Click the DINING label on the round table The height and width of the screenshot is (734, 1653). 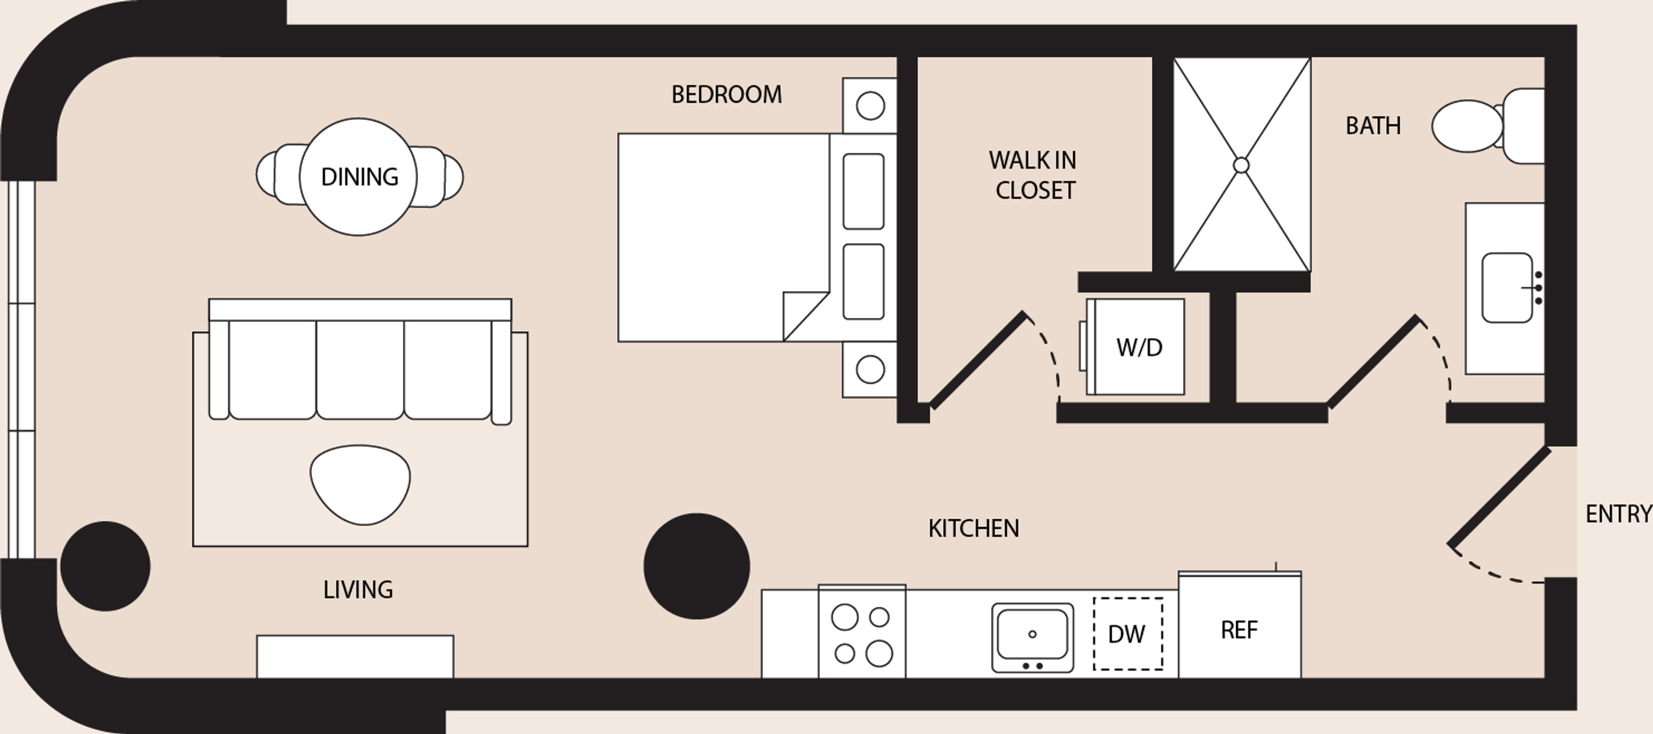point(360,176)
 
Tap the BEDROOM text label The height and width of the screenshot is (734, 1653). point(726,94)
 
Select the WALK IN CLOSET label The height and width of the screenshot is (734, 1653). point(1033,175)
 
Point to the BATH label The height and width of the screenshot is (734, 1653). point(1373,126)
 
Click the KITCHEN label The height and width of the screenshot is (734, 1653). point(973,528)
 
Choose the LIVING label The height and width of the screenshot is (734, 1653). point(358,589)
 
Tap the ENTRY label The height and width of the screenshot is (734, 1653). point(1618,514)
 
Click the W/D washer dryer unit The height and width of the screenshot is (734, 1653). point(1135,346)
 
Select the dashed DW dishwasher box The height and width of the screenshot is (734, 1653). point(1128,634)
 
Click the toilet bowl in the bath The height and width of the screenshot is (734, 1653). point(1467,126)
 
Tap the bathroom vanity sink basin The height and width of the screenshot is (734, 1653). point(1507,287)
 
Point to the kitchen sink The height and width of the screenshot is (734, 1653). point(1033,638)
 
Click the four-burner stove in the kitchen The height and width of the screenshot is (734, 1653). point(862,631)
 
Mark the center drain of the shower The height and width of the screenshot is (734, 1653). point(1241,165)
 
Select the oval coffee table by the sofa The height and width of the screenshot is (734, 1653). point(360,485)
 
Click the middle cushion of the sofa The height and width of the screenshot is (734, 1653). point(360,370)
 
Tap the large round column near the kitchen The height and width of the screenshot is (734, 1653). point(696,566)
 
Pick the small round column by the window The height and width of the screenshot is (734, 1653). point(105,566)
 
